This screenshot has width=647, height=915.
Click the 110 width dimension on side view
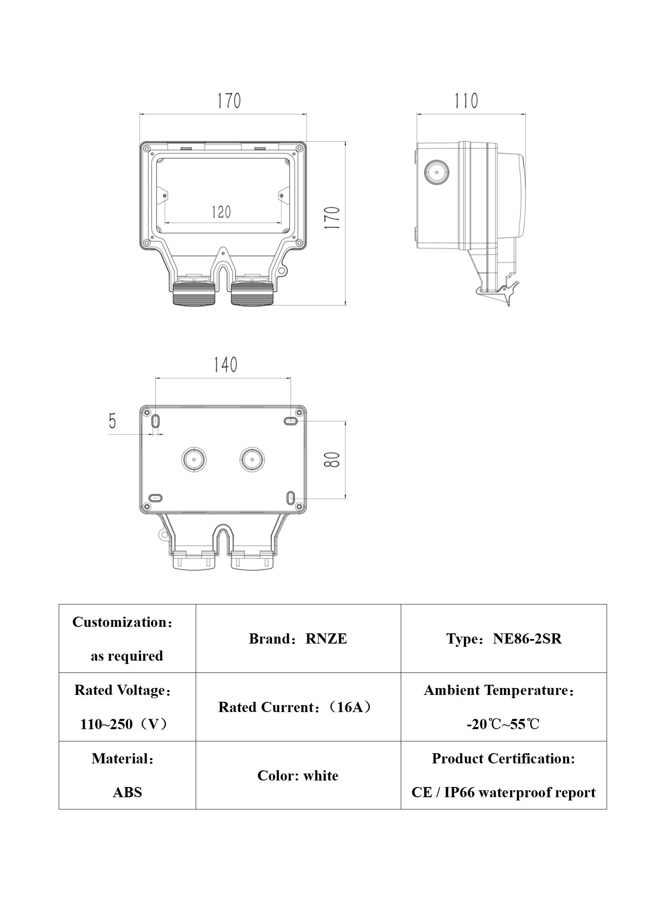coord(466,101)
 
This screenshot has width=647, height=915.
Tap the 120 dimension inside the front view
coord(221,212)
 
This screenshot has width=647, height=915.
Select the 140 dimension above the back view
coord(225,365)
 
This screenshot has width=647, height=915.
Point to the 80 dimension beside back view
coord(333,460)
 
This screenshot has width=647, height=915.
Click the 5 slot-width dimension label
coord(113,421)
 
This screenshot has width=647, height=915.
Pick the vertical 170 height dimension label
coord(333,218)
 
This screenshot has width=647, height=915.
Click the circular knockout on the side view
coord(437,173)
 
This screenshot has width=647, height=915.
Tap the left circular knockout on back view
coord(194,459)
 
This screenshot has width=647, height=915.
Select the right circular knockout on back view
coord(252,459)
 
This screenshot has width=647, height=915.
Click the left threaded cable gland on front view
coord(194,293)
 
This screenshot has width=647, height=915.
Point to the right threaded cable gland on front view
coord(252,293)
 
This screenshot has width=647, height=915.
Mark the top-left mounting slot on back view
coord(156,421)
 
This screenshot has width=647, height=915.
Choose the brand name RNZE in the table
coord(326,639)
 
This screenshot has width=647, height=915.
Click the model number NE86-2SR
coord(527,639)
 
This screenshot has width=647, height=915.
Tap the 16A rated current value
coord(350,707)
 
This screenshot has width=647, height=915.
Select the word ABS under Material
coord(127,792)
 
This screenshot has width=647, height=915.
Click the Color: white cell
coord(298,776)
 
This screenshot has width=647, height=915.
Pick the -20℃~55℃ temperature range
coord(503,724)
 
